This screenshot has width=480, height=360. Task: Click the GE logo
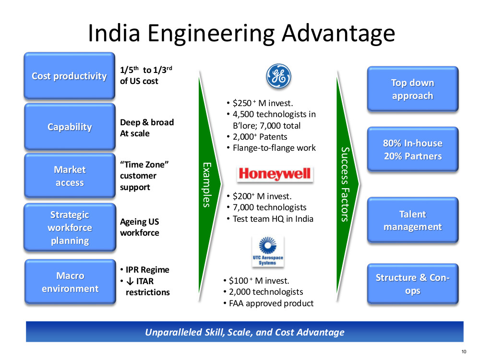[278, 76]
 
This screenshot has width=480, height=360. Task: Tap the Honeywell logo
[275, 174]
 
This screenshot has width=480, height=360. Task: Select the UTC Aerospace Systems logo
[268, 252]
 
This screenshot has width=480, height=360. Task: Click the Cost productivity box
[70, 76]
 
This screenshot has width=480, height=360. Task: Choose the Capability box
[70, 126]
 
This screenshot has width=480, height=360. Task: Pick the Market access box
[70, 176]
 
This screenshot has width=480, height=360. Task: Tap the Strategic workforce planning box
[70, 228]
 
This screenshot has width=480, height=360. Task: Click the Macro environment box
[70, 282]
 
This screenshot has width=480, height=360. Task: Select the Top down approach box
[413, 89]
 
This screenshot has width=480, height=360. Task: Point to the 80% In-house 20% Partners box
[413, 149]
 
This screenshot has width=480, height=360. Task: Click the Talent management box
[413, 220]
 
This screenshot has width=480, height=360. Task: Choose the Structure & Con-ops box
[413, 284]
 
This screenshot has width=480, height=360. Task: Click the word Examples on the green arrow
[207, 185]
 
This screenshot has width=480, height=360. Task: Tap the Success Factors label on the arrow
[345, 184]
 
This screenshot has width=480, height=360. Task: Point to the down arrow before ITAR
[130, 281]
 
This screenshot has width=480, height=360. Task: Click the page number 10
[464, 351]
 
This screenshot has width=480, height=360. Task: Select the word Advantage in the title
[338, 34]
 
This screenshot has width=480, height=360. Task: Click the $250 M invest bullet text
[263, 103]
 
